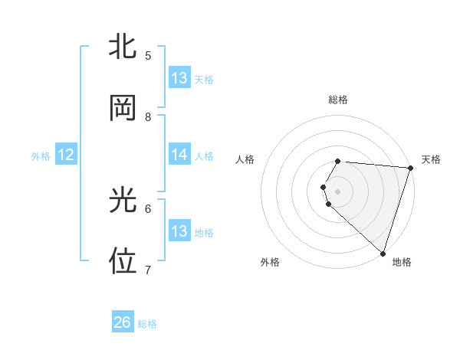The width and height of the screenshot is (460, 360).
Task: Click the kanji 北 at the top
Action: tap(123, 47)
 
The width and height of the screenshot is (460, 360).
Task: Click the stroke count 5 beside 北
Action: tap(148, 56)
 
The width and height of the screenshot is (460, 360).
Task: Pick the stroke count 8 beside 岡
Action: tap(148, 116)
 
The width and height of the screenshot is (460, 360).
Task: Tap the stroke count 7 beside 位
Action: tap(148, 270)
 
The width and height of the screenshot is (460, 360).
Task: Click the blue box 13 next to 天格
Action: tap(179, 78)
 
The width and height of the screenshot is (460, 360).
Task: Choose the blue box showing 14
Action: tap(179, 155)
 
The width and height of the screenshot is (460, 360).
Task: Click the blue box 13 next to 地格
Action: tap(179, 231)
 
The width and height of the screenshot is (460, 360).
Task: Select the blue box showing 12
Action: tap(66, 155)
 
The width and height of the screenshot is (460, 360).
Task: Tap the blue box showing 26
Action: tap(123, 322)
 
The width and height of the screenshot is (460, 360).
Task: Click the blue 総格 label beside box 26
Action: tap(147, 324)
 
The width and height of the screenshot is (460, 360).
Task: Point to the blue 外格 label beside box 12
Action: tap(41, 156)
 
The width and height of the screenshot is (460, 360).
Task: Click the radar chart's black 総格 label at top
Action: tap(338, 100)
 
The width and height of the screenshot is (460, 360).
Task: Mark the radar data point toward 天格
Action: tap(410, 169)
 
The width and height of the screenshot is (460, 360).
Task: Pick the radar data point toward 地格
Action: tap(383, 253)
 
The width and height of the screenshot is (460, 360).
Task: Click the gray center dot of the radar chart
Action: tap(338, 190)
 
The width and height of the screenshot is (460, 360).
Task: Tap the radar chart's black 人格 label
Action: tap(245, 159)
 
